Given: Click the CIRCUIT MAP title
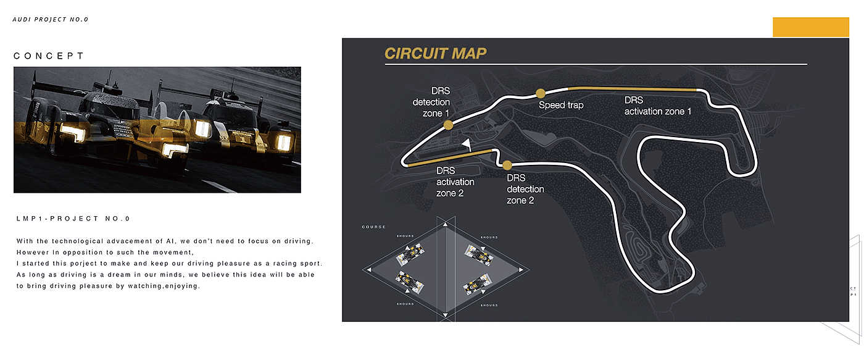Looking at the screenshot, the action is click(435, 53).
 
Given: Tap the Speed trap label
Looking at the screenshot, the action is click(561, 105).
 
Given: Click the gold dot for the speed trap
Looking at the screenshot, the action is click(541, 93).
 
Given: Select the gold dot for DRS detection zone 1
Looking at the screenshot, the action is click(449, 125).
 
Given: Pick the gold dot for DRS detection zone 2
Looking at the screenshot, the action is click(507, 165).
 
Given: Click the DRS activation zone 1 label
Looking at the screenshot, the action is click(658, 106).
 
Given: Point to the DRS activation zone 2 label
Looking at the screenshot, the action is click(455, 182).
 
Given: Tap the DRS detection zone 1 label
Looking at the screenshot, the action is click(431, 103).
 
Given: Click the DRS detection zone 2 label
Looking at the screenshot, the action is click(526, 189).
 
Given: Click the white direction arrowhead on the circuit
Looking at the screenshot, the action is click(467, 144).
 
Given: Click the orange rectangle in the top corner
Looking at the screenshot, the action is click(811, 27).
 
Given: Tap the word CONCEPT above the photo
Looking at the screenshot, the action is click(49, 56).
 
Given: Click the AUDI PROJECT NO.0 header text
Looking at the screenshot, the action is click(51, 19).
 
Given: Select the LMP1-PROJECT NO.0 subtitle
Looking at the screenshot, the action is click(73, 219).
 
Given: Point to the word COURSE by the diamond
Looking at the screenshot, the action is click(373, 227).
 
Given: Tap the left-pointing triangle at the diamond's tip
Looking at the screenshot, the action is click(368, 270).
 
